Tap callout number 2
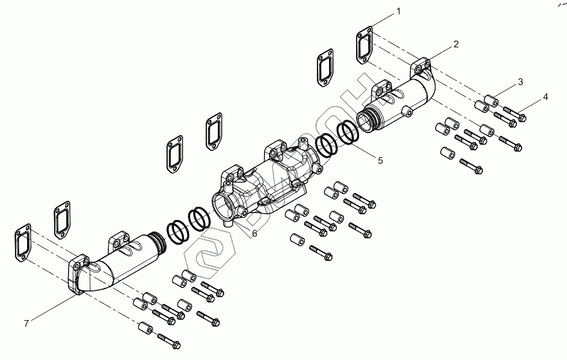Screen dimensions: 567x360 click(x=456, y=44)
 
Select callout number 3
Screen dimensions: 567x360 click(x=520, y=82)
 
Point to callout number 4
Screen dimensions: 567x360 click(x=545, y=97)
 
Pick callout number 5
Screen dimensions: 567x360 click(x=380, y=161)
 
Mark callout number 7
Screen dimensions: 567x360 click(x=26, y=323)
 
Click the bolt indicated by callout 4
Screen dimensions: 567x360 click(x=516, y=115)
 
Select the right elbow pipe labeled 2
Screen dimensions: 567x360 click(x=403, y=101)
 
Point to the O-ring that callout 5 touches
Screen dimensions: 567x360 click(x=349, y=134)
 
